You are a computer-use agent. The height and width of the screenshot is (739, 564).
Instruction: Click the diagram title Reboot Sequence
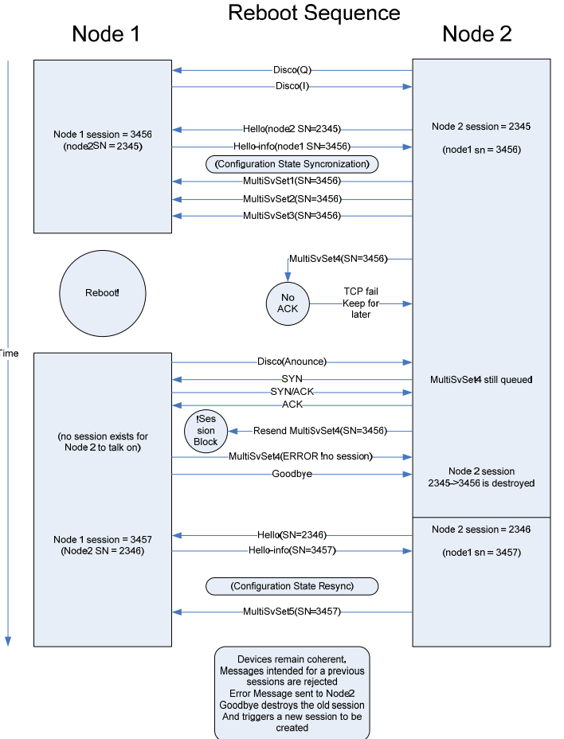[x=314, y=13]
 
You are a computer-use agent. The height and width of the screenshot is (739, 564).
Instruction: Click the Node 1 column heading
[x=106, y=33]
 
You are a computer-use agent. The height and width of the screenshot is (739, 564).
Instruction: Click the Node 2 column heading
[x=476, y=33]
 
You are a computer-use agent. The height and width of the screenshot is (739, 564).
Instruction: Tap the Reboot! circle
[x=103, y=292]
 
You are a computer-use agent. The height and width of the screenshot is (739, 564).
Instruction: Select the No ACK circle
[x=288, y=303]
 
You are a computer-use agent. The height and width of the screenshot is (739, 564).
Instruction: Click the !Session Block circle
[x=206, y=431]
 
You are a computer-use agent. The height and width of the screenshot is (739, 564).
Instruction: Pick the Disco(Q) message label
[x=292, y=70]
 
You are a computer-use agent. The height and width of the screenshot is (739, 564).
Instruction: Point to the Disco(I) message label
[x=292, y=86]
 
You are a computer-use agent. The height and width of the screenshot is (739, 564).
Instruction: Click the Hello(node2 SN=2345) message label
[x=292, y=129]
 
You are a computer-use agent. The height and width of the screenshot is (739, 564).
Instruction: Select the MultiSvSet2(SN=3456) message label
[x=292, y=198]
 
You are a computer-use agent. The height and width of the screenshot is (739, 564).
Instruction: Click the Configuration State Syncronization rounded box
[x=292, y=164]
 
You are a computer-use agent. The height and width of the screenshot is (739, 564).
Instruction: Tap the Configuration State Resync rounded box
[x=292, y=586]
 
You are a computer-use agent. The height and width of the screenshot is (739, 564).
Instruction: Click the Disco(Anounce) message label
[x=292, y=362]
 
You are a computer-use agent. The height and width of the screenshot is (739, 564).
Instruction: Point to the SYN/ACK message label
[x=292, y=392]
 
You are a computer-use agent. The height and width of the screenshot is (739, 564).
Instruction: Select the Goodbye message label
[x=292, y=474]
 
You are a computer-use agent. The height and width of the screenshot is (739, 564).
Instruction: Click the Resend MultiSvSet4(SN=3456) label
[x=319, y=431]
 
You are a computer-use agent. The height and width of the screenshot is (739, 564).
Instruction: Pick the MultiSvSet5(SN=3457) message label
[x=292, y=612]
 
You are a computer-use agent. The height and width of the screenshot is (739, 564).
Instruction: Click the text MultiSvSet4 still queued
[x=480, y=380]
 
